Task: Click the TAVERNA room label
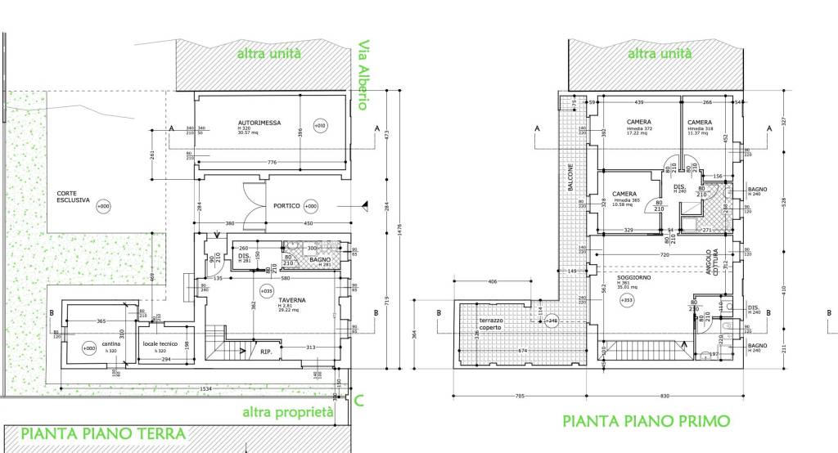coord(268,300)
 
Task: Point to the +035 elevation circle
coord(267,290)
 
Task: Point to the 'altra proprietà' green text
coord(287,412)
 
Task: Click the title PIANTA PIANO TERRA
coord(103,433)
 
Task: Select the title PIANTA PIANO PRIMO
coord(647,421)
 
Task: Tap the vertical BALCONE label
coord(570,177)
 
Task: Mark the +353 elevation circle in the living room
coord(627,300)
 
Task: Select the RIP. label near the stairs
coord(266,352)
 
